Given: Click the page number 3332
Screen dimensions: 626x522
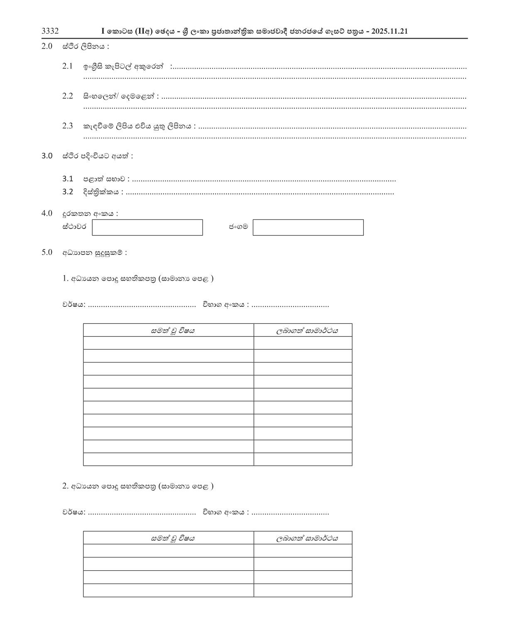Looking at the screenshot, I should (50, 31).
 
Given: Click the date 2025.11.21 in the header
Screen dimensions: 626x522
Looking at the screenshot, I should (390, 32).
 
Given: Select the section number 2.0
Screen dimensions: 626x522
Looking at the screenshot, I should (47, 46).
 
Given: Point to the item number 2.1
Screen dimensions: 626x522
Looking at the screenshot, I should (68, 66).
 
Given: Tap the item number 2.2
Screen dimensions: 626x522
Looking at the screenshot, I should (68, 96).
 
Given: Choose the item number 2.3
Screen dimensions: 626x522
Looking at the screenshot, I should (68, 126).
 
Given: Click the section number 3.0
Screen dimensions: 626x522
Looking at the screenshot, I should (47, 156).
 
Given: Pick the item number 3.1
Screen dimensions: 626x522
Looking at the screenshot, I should (68, 179).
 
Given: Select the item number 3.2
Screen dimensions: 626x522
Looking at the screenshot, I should (68, 192).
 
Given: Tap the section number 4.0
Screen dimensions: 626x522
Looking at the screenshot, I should (47, 213).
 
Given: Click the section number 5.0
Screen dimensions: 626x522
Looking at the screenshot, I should (47, 252).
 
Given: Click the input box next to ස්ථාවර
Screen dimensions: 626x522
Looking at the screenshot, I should (147, 227).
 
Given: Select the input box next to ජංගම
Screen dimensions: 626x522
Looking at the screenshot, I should (308, 227).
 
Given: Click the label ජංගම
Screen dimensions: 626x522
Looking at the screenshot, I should (238, 227).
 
